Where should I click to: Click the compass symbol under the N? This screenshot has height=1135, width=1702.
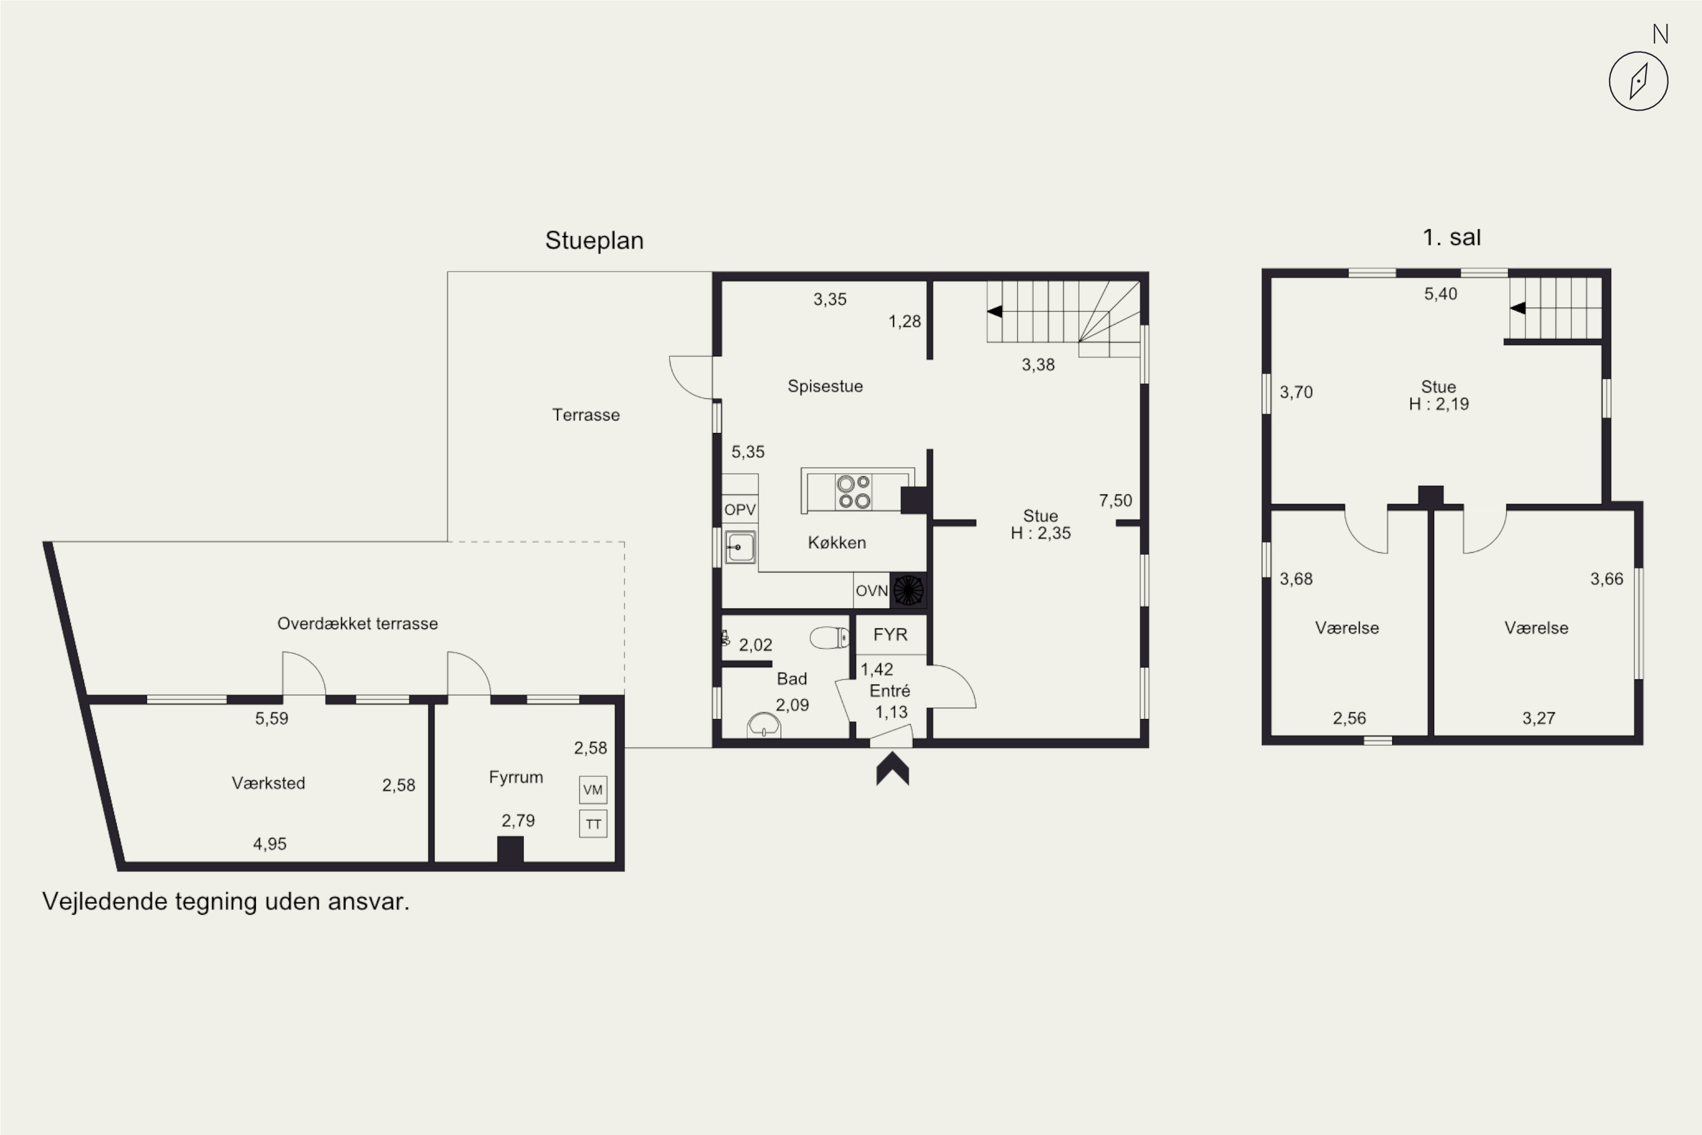pyautogui.click(x=1638, y=81)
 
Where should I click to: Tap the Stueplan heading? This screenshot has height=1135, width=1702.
pyautogui.click(x=594, y=240)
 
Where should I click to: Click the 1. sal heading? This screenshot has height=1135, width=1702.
pyautogui.click(x=1452, y=237)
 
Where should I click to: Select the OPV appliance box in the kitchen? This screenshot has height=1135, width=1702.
pyautogui.click(x=740, y=509)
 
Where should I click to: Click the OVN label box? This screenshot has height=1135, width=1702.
pyautogui.click(x=871, y=591)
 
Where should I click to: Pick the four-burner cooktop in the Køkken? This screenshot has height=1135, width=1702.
pyautogui.click(x=854, y=492)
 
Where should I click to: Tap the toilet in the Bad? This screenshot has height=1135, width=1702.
pyautogui.click(x=829, y=638)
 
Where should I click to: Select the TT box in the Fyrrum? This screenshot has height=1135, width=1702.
pyautogui.click(x=593, y=824)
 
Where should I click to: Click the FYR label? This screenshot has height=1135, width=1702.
pyautogui.click(x=890, y=635)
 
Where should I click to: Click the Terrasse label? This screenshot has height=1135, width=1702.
pyautogui.click(x=586, y=415)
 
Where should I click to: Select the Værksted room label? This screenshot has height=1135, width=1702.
pyautogui.click(x=268, y=783)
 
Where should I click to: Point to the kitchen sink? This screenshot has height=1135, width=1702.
pyautogui.click(x=740, y=547)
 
